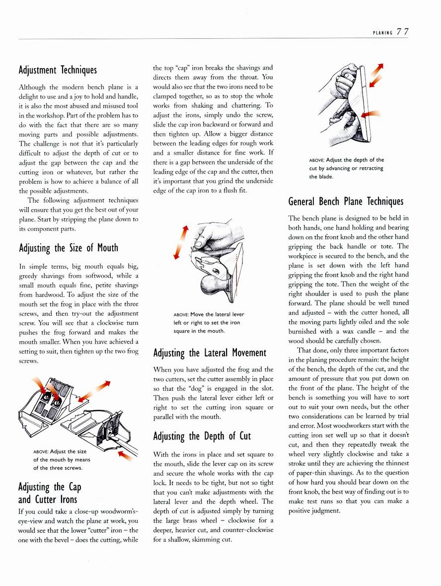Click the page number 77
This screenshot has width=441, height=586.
[x=402, y=32]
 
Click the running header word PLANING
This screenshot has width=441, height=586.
[x=383, y=33]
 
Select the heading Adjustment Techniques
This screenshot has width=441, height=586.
[x=58, y=70]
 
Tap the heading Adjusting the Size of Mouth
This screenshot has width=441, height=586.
[x=69, y=248]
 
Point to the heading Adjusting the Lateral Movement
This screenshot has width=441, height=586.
[x=210, y=353]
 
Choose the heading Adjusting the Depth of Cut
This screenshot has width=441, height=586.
[x=202, y=436]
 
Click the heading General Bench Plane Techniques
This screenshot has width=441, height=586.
[x=346, y=202]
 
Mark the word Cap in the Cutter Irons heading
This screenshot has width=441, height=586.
[x=75, y=487]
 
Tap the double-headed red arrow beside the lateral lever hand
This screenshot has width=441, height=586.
[x=180, y=242]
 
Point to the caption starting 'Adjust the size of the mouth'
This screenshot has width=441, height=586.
[x=62, y=460]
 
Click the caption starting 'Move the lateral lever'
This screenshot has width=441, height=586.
[x=209, y=322]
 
